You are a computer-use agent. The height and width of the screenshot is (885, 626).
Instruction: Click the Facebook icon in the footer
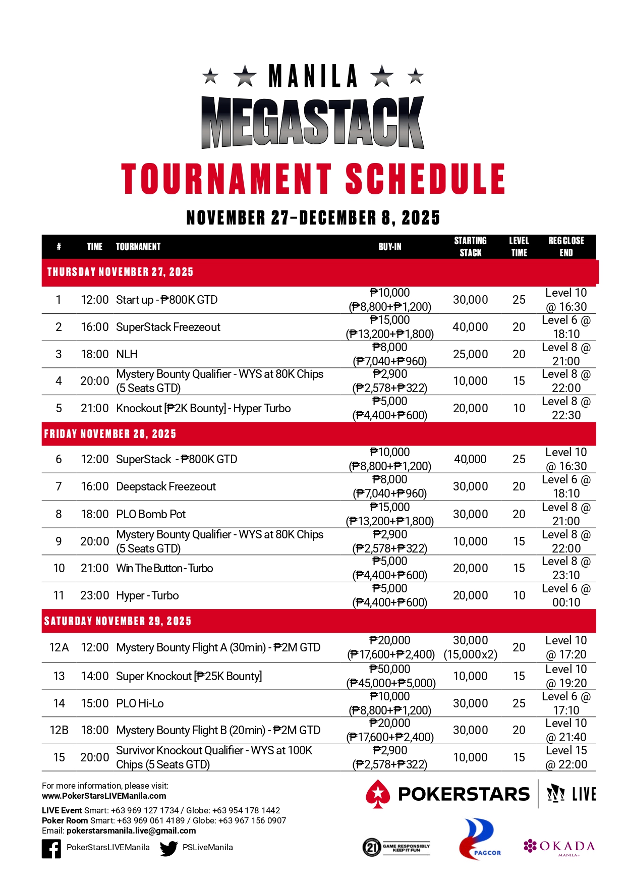51,849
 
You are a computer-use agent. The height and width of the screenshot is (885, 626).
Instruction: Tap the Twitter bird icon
168,849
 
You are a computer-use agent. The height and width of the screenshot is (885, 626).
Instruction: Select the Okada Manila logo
559,847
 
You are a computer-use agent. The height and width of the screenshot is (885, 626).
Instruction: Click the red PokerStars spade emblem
378,794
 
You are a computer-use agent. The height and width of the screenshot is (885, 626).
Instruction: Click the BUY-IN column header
390,247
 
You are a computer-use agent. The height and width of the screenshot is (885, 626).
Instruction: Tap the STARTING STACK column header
470,247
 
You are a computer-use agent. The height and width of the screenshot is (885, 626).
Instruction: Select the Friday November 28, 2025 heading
110,434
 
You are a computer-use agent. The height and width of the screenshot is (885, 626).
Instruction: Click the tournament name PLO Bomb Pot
151,514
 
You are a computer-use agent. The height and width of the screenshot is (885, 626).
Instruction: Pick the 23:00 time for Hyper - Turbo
95,595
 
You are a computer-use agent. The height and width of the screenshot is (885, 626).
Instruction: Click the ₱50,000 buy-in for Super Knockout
390,670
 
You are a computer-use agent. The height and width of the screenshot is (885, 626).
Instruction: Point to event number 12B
59,730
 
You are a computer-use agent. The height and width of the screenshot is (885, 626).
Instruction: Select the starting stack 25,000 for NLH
470,354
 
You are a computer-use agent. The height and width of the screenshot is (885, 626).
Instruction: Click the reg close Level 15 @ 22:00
566,757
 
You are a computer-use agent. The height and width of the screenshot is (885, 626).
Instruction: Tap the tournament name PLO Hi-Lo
140,703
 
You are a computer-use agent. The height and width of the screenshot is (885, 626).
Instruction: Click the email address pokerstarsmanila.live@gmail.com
131,831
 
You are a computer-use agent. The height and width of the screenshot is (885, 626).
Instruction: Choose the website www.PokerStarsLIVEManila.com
104,796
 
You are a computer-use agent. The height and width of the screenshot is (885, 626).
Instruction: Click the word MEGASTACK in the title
313,123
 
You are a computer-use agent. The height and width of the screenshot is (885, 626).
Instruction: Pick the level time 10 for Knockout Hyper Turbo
519,408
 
